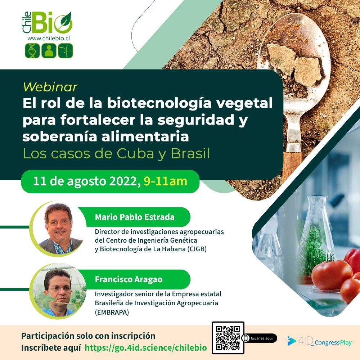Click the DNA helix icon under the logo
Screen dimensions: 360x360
coord(32,50)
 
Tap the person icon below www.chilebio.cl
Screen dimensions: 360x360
coord(49,50)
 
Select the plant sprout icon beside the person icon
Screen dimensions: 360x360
coord(66,50)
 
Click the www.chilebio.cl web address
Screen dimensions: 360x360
coord(49,39)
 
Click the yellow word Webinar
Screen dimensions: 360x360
coord(50,87)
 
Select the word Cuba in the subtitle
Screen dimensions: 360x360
coord(135,154)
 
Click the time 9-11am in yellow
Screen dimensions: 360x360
coord(165,181)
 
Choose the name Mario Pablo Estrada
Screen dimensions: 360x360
coord(135,217)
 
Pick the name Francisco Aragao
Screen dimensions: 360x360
coord(129,279)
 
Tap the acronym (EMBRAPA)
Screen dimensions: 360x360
coord(112,312)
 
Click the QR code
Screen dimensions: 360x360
coord(228,338)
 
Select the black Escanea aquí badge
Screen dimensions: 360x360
coord(260,338)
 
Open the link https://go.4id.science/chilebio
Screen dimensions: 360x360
coord(146,348)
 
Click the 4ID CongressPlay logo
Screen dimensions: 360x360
coord(319,341)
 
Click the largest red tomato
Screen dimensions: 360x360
coord(332,274)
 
